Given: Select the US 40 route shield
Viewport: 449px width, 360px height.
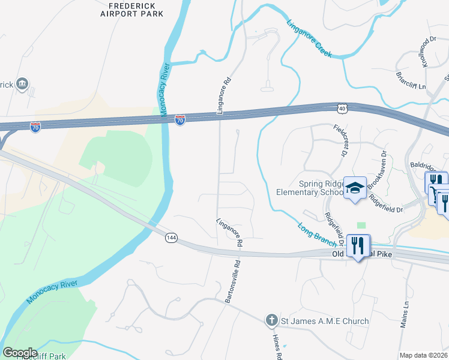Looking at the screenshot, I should click(x=342, y=108).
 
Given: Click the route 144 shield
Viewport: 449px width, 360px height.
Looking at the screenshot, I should click(x=171, y=238).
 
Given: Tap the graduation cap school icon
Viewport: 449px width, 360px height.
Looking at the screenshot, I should click(x=355, y=188).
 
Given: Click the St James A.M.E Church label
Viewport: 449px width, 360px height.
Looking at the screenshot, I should click(x=325, y=322).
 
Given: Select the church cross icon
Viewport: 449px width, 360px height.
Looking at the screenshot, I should click(x=271, y=321).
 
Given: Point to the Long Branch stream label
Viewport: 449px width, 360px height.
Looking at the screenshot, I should click(x=317, y=232).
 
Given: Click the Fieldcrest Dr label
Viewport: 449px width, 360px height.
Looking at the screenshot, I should click(x=341, y=140).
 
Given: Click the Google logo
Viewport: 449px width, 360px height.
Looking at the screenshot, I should click(x=20, y=352).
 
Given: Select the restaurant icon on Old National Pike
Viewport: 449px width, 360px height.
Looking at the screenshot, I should click(x=358, y=246).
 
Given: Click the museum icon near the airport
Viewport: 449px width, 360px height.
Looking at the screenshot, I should click(x=23, y=83).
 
